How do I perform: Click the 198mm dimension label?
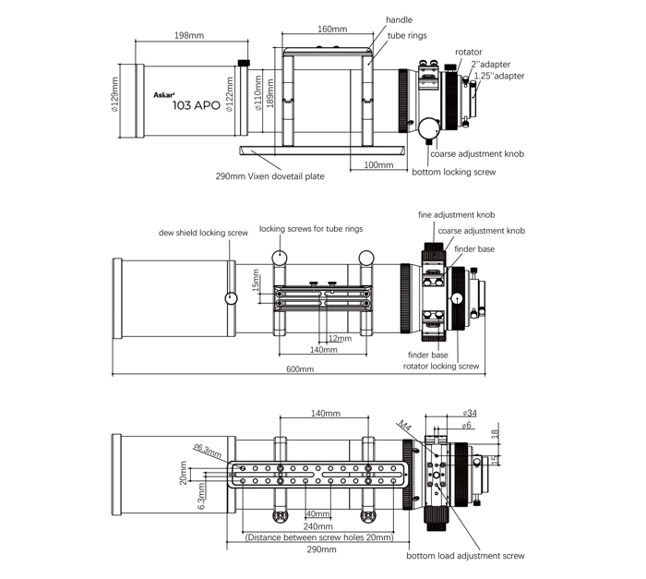pos(188,35)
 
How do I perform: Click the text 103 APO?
pos(197,105)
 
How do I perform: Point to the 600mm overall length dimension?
pos(299,368)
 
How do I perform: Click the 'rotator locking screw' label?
pos(441,366)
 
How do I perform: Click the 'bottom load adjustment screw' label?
pos(466,556)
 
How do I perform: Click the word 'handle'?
pos(400,19)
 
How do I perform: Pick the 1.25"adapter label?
pos(499,76)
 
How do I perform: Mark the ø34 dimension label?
pos(469,413)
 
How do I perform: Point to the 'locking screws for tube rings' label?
pos(305,228)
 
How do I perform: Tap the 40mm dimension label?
pos(318,513)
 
